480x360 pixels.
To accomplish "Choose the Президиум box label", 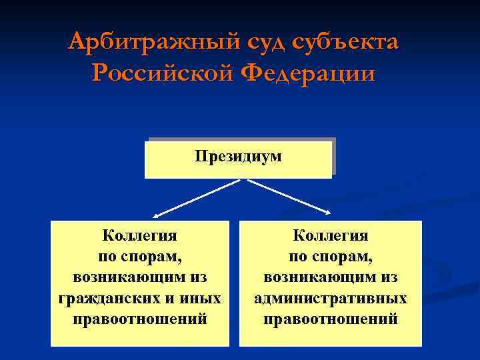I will click(x=238, y=157).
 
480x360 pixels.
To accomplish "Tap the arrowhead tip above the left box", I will click(x=154, y=217).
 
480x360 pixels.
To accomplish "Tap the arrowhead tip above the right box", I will click(x=329, y=213).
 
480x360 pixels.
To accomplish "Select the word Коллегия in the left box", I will click(x=139, y=236).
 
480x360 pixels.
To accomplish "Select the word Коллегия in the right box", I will click(x=331, y=236).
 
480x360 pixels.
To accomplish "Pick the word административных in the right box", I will click(x=331, y=298).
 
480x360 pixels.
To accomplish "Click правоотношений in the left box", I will click(x=140, y=319).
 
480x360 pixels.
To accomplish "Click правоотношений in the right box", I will click(x=331, y=319).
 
